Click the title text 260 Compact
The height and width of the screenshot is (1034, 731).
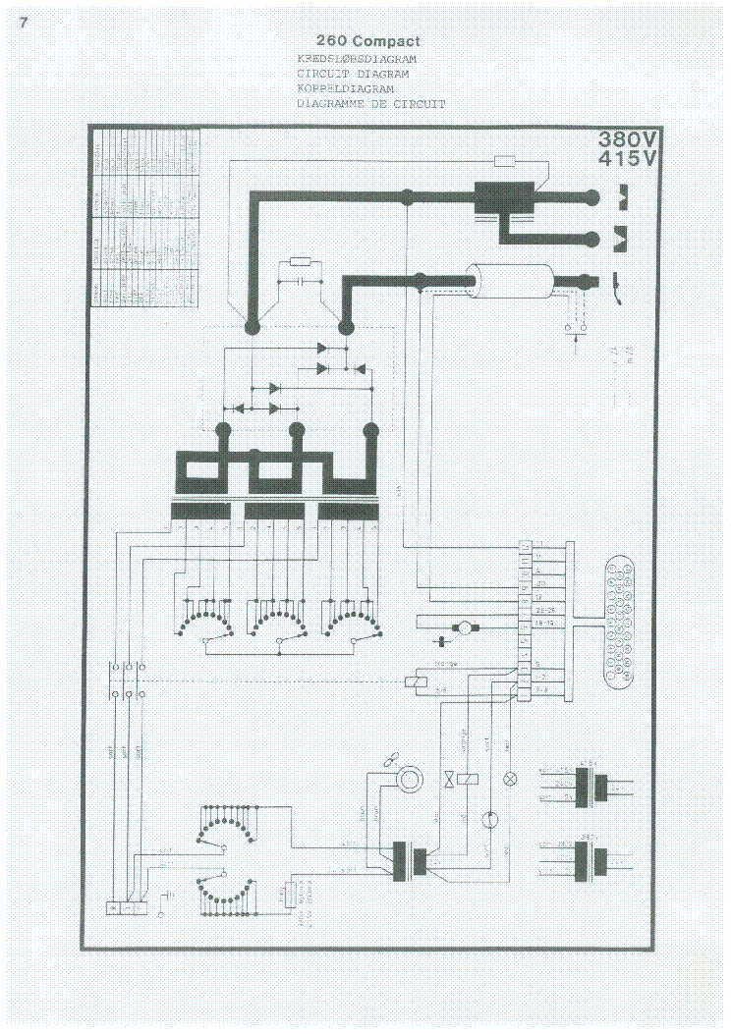coord(367,41)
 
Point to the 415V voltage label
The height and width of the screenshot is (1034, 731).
coord(630,158)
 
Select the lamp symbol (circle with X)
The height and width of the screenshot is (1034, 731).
coord(510,778)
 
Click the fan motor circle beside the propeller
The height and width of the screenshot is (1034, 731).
coord(406,779)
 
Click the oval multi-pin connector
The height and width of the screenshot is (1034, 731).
coord(619,620)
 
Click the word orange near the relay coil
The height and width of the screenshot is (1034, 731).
coord(445,665)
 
